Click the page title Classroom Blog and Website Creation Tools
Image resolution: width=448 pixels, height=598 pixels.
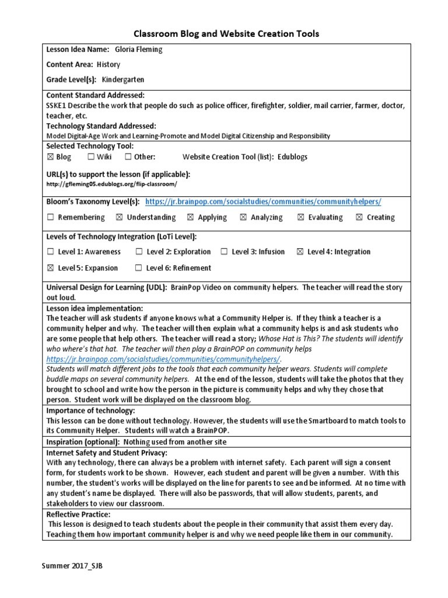pyautogui.click(x=227, y=34)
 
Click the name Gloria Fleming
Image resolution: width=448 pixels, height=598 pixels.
pyautogui.click(x=139, y=50)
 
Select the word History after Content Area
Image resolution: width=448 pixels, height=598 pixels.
pyautogui.click(x=108, y=64)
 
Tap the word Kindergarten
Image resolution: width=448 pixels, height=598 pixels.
pyautogui.click(x=123, y=79)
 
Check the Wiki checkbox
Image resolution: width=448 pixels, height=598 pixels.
pyautogui.click(x=91, y=157)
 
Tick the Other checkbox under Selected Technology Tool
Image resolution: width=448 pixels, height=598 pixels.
pyautogui.click(x=128, y=157)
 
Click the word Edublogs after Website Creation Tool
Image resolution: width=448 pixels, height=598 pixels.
pyautogui.click(x=292, y=157)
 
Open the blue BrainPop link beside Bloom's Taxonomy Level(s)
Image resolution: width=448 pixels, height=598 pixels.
pyautogui.click(x=263, y=201)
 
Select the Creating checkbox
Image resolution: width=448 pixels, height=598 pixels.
pyautogui.click(x=359, y=218)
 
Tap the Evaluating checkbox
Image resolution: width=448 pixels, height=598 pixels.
pyautogui.click(x=300, y=218)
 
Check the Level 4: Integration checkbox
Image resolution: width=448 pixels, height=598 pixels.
pyautogui.click(x=300, y=252)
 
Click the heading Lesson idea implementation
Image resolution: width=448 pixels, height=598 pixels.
pyautogui.click(x=94, y=308)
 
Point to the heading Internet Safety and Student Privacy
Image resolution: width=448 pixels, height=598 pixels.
pyautogui.click(x=107, y=453)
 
